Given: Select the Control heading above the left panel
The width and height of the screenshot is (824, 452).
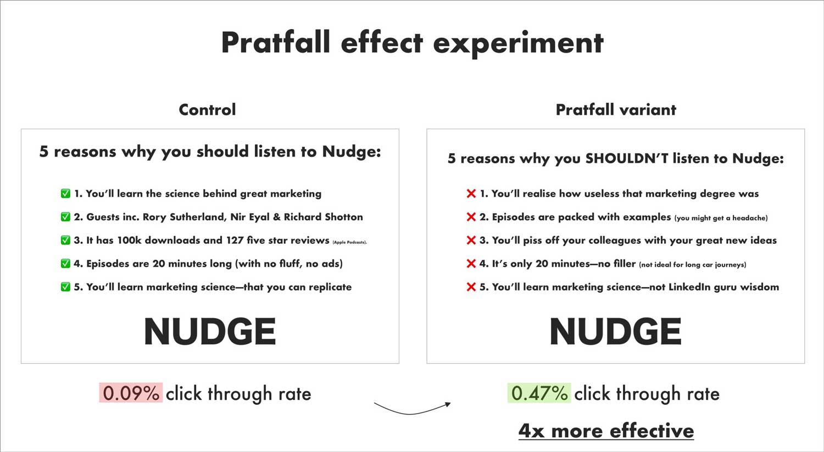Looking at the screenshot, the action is pos(207,110).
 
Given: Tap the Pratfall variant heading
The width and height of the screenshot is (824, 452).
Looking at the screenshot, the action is pos(616,110).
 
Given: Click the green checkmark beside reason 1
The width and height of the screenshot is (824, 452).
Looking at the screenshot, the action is pos(65,193).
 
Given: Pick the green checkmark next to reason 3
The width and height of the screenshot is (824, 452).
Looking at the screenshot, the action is pos(65,240).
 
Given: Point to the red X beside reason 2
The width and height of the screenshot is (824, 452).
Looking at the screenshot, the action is pos(471,216).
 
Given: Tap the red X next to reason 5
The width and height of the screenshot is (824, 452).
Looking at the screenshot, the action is pos(471,287).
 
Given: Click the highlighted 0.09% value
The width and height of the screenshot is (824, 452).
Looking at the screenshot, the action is pos(131,393).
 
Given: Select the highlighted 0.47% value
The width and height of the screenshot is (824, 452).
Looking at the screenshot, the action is pos(539,393).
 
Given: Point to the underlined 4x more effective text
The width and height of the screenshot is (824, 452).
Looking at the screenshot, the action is pos(606,431).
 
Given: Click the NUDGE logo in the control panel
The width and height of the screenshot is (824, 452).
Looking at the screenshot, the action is pos(210,331).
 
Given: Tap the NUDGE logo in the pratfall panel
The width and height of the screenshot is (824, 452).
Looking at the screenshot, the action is pos(615,331).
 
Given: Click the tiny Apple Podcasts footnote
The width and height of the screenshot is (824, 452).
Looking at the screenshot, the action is pos(350,242).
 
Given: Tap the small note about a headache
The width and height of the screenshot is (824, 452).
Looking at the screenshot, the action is pos(721,218).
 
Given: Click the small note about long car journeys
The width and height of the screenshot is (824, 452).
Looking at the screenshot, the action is pos(693,265).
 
